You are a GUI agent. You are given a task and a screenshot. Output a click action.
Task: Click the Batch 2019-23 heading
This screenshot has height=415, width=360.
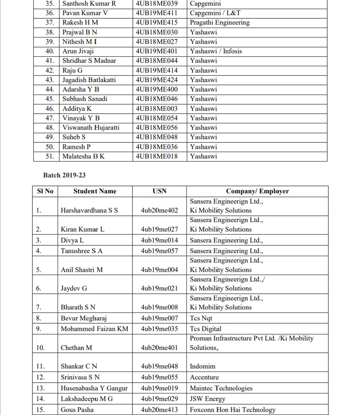[x=64, y=175]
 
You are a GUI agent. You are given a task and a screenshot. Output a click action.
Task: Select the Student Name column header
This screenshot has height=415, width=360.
[x=95, y=191]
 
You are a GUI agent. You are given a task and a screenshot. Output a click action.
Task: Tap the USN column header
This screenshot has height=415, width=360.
[x=159, y=191]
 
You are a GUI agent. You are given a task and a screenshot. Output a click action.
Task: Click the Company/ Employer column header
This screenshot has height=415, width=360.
[x=257, y=191]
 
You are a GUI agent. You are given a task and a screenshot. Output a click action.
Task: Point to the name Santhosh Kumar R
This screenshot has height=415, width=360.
[x=89, y=4]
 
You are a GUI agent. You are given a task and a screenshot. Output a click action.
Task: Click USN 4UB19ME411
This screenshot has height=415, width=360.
[x=157, y=13]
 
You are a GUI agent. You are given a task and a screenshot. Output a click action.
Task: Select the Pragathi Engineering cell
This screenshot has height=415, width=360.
[x=220, y=23]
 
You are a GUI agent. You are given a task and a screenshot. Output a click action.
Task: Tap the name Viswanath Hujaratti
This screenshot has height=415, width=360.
[x=91, y=128]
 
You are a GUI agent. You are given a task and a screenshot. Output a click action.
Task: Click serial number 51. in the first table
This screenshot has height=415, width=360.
[x=50, y=156]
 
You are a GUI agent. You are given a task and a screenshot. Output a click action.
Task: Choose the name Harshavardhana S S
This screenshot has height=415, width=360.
[x=89, y=210]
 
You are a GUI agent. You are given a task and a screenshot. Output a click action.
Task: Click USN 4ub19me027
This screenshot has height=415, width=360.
[x=159, y=229]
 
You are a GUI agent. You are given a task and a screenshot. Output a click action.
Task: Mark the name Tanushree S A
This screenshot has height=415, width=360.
[x=81, y=251]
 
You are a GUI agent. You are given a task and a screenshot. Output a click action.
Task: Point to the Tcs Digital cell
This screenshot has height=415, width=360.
[x=206, y=329]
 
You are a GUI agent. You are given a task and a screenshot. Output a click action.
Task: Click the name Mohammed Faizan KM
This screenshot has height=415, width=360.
[x=94, y=329]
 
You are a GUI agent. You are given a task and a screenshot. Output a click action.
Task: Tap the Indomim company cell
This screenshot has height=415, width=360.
[x=202, y=366]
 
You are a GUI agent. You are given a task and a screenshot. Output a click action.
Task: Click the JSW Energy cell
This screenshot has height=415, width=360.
[x=207, y=399]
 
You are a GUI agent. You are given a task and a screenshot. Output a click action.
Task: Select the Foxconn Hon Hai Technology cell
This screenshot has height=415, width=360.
[x=233, y=410]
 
